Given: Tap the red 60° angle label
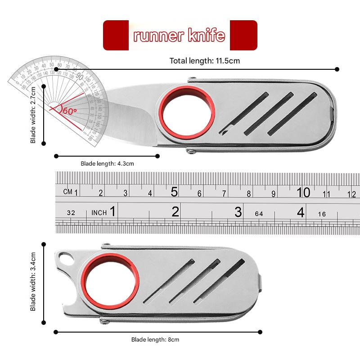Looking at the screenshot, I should click(70, 110).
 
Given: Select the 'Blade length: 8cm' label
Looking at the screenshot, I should click(155, 340).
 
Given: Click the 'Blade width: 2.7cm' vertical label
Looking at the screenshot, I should click(33, 114).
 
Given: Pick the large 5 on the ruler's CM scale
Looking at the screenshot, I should click(175, 192).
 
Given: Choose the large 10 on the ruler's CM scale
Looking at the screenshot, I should click(303, 192).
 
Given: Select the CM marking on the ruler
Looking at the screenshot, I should click(67, 192).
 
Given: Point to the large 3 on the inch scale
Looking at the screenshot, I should click(238, 212).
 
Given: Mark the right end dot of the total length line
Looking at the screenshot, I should click(337, 69).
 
